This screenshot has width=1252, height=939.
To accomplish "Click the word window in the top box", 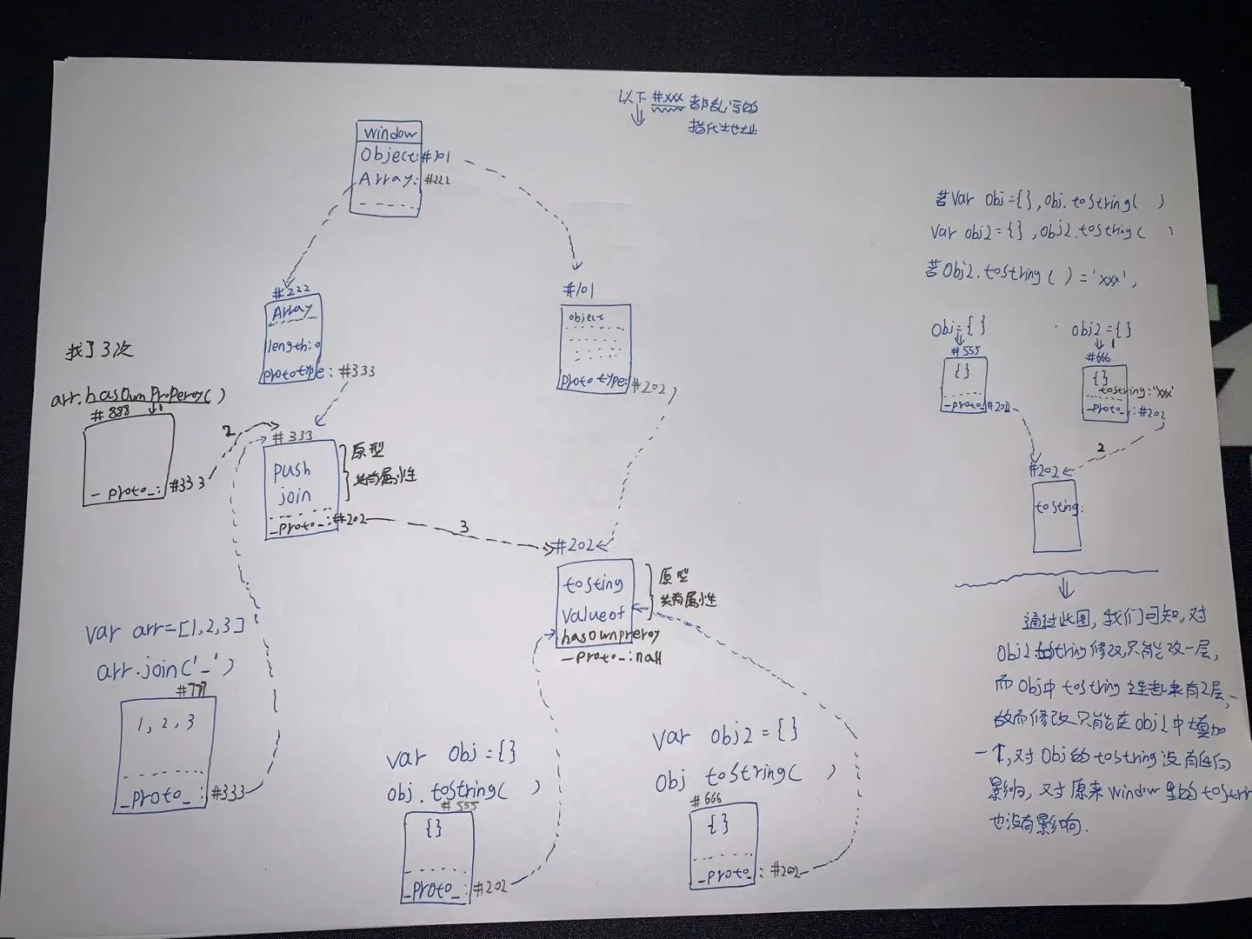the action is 390,133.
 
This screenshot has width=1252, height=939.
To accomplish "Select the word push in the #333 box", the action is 292,470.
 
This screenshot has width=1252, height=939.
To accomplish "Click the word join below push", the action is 294,496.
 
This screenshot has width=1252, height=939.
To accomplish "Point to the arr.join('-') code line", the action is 165,669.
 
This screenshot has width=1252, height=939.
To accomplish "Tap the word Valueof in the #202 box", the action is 594,614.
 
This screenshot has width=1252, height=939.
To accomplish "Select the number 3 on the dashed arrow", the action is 464,527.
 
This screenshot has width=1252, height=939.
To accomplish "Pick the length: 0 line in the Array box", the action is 292,346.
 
